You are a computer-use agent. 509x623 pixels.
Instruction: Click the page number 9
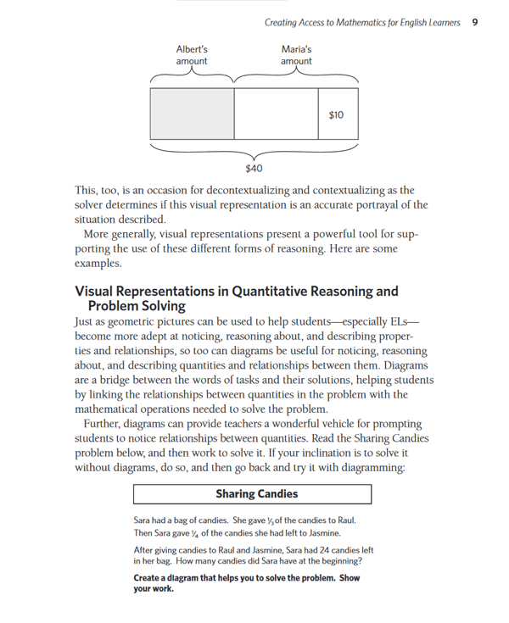[475, 21]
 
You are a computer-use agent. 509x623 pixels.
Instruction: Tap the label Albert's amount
[191, 55]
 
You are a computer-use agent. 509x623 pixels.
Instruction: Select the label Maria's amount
[296, 55]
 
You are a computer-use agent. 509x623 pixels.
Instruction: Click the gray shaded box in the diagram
[192, 114]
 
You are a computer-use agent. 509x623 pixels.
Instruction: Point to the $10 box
[336, 114]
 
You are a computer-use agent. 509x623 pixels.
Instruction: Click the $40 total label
[253, 168]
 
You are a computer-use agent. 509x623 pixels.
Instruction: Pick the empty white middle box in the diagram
[276, 114]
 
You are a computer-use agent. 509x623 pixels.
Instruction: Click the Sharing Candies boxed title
[253, 493]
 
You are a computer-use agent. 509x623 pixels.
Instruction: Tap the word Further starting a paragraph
[105, 425]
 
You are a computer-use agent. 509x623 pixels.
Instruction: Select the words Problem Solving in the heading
[137, 306]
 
